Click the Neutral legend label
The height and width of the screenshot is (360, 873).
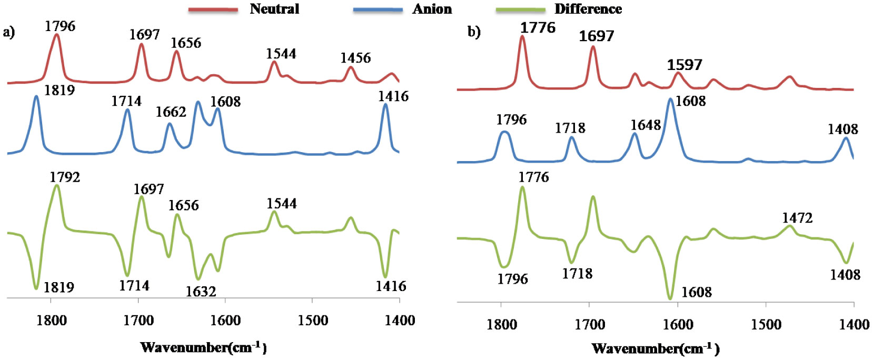(274, 9)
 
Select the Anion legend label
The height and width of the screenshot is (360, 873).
(432, 9)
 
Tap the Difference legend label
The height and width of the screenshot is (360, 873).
(588, 9)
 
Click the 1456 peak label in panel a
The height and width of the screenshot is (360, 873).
(355, 57)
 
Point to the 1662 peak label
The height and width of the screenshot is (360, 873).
(171, 112)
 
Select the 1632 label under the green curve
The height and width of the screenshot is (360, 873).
(201, 292)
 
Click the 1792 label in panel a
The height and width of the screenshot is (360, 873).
(65, 177)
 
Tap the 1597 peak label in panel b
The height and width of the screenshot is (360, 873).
(684, 65)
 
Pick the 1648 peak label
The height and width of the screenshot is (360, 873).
(646, 125)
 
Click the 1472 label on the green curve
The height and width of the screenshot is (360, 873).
(797, 217)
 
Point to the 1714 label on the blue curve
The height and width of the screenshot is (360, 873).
(126, 101)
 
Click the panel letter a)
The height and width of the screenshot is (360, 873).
(9, 33)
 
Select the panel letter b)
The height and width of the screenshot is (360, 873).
(474, 32)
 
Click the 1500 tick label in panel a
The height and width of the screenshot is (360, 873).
(313, 320)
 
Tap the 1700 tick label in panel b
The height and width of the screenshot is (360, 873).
(590, 325)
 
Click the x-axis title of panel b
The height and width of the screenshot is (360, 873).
(656, 348)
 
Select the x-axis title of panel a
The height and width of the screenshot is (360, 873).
(204, 347)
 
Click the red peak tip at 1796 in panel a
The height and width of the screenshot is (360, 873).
(57, 36)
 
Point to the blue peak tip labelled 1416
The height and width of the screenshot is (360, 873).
(385, 105)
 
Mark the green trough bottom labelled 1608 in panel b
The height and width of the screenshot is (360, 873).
(670, 298)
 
